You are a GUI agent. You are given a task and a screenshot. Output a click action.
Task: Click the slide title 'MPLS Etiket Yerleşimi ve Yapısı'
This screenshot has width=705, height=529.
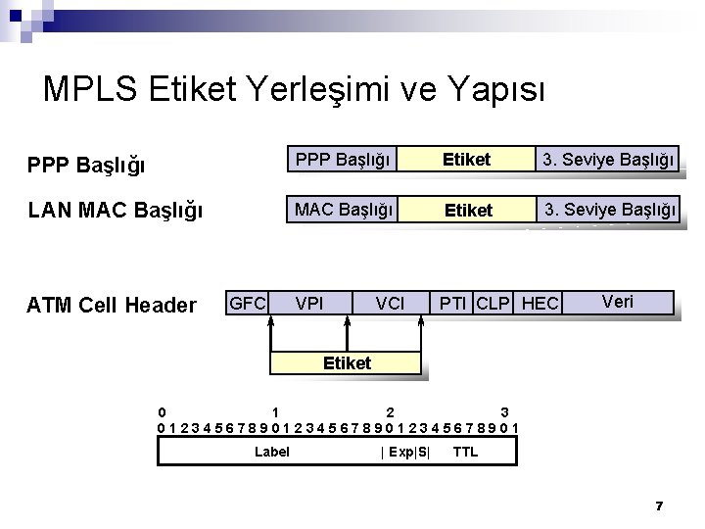point(295,89)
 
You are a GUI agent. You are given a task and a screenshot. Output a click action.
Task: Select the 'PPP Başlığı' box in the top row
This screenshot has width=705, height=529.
point(343,159)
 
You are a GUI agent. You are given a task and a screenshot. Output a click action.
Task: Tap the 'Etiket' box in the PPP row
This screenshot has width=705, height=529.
point(466,159)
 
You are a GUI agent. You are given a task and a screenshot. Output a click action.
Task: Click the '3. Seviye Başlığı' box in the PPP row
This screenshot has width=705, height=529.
point(609,159)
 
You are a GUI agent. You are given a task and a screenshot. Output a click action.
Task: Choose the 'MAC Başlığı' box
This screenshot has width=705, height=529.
point(343,209)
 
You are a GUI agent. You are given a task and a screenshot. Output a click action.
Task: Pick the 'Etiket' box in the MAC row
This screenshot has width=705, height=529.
point(468,210)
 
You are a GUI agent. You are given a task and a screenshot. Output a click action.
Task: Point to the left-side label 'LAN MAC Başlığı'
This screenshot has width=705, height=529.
point(116,210)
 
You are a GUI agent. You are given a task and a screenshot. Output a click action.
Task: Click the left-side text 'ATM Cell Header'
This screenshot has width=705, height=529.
point(112,306)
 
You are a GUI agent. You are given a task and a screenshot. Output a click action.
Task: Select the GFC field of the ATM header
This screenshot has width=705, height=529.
point(247,303)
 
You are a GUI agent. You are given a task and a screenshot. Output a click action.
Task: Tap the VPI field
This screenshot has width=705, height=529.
point(310,304)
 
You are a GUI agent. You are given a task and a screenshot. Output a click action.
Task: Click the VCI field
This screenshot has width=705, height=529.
point(390,304)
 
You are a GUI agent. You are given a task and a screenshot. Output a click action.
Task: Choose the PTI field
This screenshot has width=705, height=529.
point(452,304)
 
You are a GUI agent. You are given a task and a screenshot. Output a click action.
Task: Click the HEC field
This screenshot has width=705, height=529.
point(540,304)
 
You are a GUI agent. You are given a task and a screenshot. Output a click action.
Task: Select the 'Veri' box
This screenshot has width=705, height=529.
point(618,302)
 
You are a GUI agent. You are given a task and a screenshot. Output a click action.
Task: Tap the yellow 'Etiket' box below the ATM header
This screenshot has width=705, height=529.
point(347,363)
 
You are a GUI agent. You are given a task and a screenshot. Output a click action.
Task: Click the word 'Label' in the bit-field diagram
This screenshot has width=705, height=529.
point(271,452)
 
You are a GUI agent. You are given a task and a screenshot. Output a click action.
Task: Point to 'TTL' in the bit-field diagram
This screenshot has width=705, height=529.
point(466,452)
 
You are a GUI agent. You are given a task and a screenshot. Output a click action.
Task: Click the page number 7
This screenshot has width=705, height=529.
point(659,505)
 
